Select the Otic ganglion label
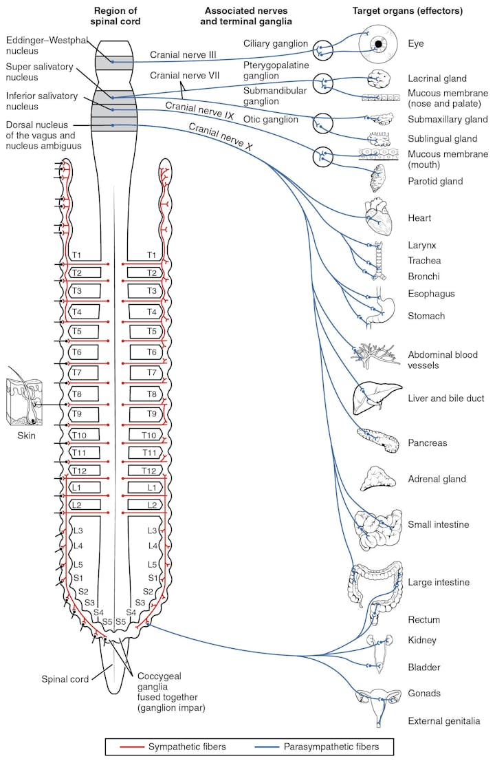click(x=270, y=120)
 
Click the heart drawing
click(x=378, y=217)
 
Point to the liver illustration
click(x=377, y=397)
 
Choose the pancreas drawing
click(x=379, y=440)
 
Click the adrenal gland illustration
click(x=379, y=480)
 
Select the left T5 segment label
click(x=77, y=331)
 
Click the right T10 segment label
click(x=149, y=435)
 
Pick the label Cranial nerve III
click(x=183, y=55)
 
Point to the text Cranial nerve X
click(x=221, y=136)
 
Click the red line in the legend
click(x=132, y=747)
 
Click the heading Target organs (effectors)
click(x=407, y=11)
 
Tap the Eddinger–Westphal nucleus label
click(x=47, y=45)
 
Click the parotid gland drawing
click(x=378, y=178)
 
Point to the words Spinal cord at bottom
click(x=65, y=679)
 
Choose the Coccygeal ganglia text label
click(x=171, y=692)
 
